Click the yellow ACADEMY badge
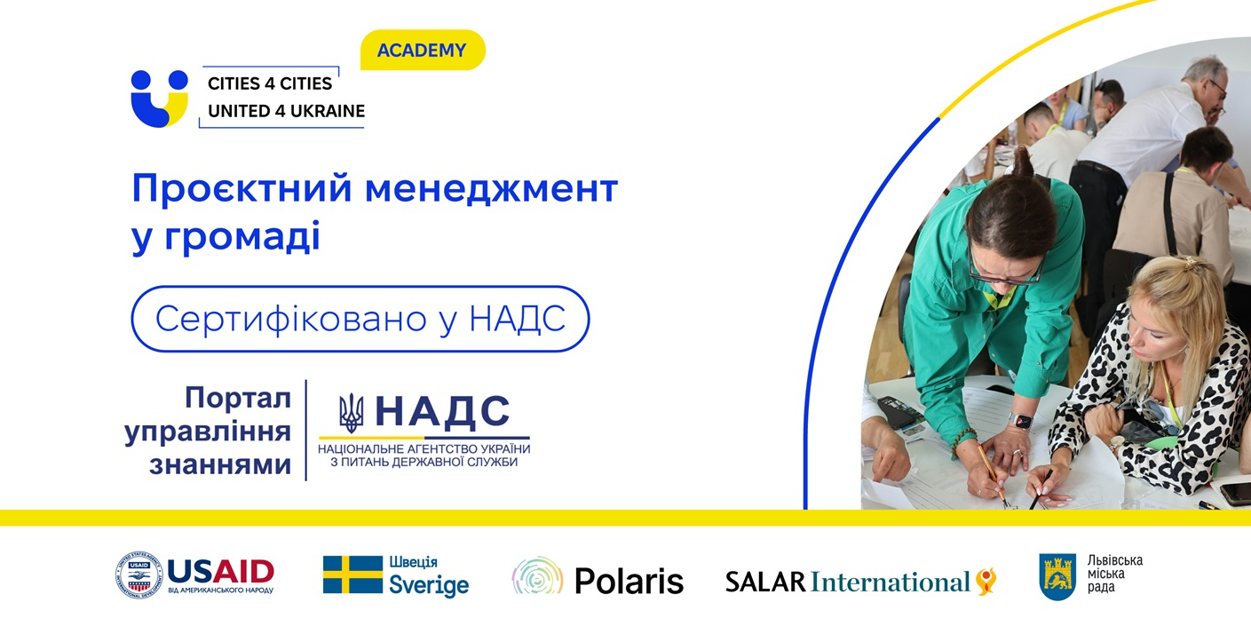[423, 51]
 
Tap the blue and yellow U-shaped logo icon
[159, 99]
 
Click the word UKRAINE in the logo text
[328, 111]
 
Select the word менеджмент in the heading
[492, 188]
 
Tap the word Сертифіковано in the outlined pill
[291, 319]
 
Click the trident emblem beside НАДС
[352, 413]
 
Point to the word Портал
[239, 398]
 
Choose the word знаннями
[220, 464]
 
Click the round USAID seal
[139, 575]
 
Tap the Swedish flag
[352, 574]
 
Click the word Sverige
[429, 585]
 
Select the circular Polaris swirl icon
[537, 575]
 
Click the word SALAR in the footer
[765, 582]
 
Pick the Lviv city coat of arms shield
[1057, 577]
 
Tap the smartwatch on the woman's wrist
[1022, 420]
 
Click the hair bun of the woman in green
[1023, 162]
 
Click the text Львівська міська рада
[1115, 574]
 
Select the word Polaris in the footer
[629, 581]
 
